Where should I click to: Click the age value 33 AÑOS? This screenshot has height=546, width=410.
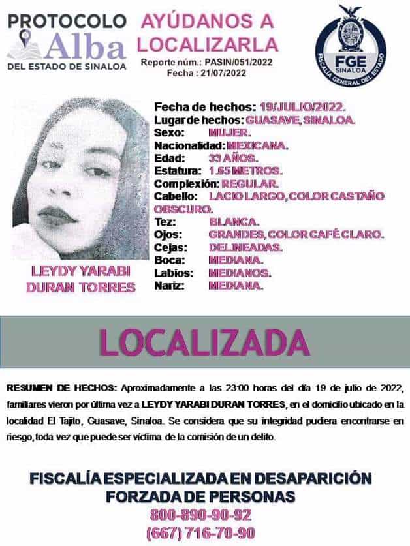point(233,158)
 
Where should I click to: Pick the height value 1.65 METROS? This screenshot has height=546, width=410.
point(245,170)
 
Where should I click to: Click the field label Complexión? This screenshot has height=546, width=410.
point(186,183)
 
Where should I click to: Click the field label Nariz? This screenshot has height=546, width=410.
point(168,286)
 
